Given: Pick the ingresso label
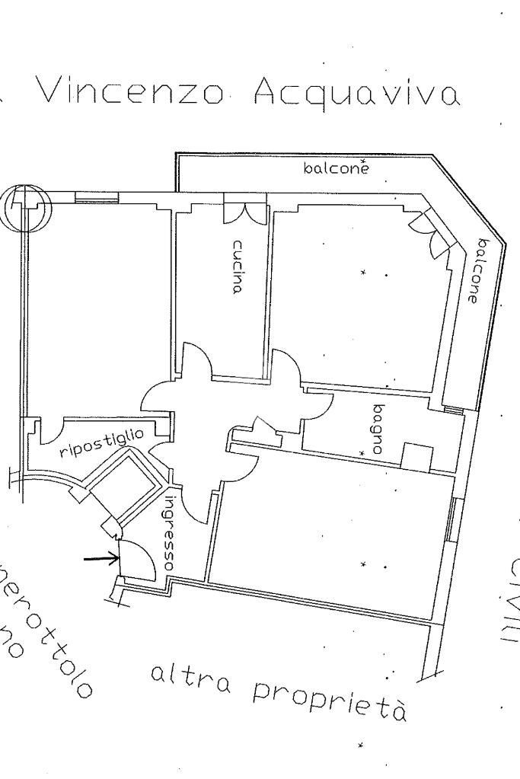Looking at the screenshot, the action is click(x=172, y=533).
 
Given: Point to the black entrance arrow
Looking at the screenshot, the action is click(x=101, y=560).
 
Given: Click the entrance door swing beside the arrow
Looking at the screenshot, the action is click(x=137, y=557).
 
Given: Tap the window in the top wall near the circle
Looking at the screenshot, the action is click(x=97, y=197).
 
